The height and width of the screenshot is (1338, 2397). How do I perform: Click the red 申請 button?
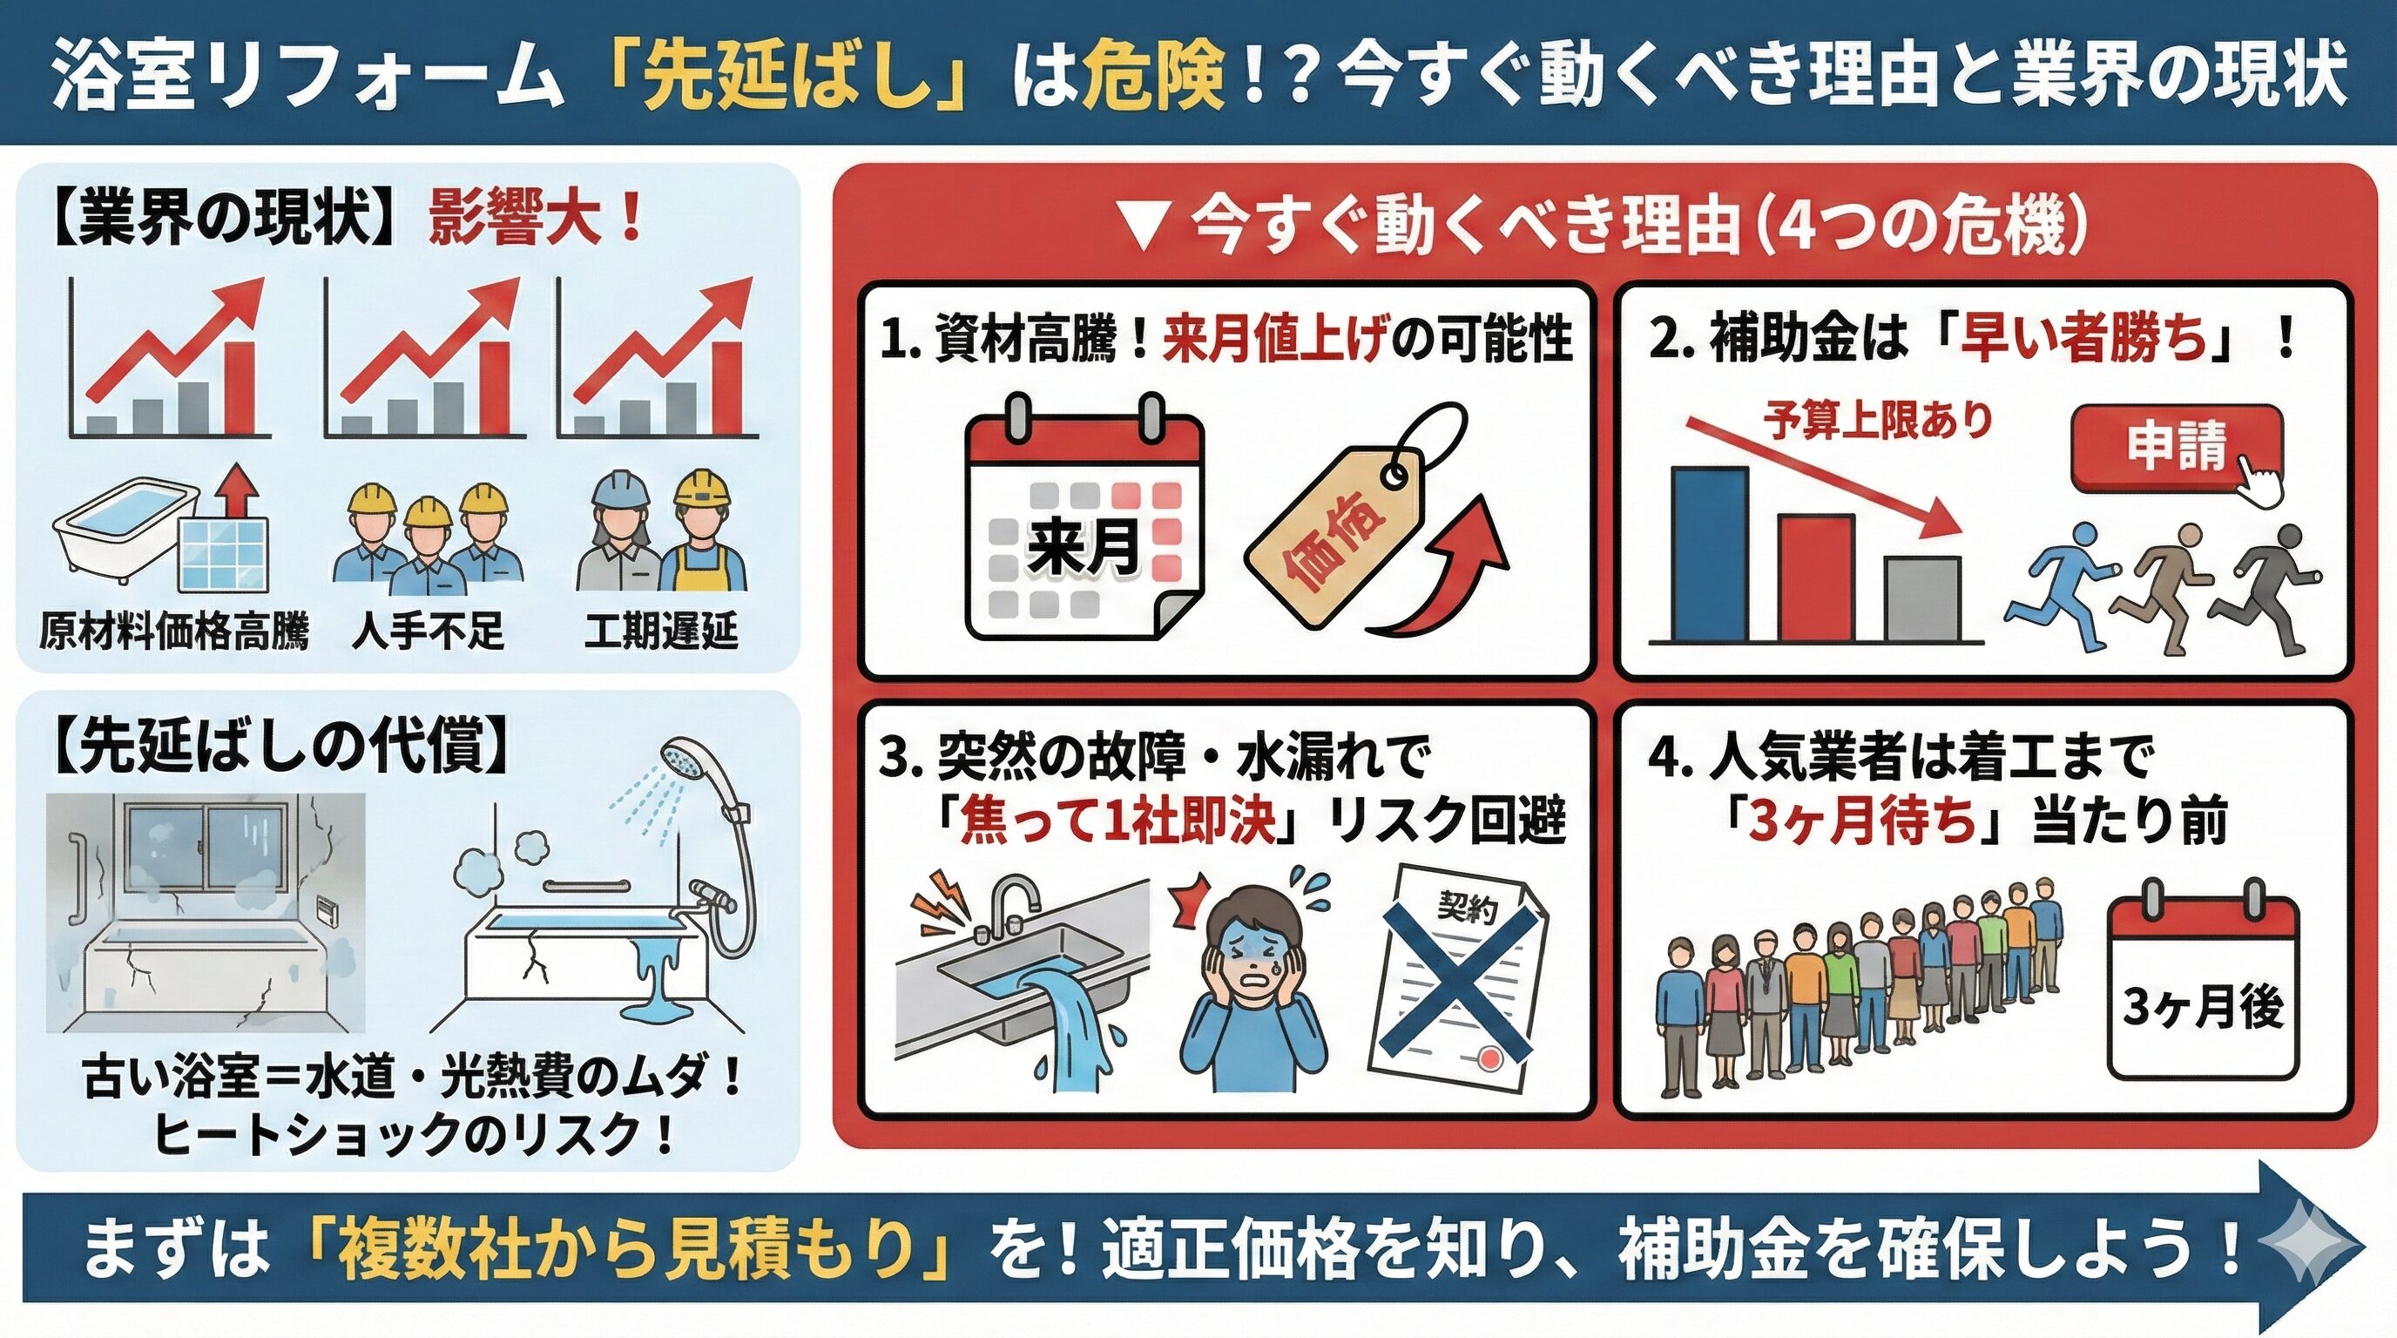coord(2176,448)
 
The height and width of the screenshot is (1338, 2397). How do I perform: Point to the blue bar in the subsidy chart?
coord(1710,555)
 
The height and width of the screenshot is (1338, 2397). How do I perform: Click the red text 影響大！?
coord(535,220)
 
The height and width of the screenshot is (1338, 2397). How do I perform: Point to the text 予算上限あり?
coord(1877,421)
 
